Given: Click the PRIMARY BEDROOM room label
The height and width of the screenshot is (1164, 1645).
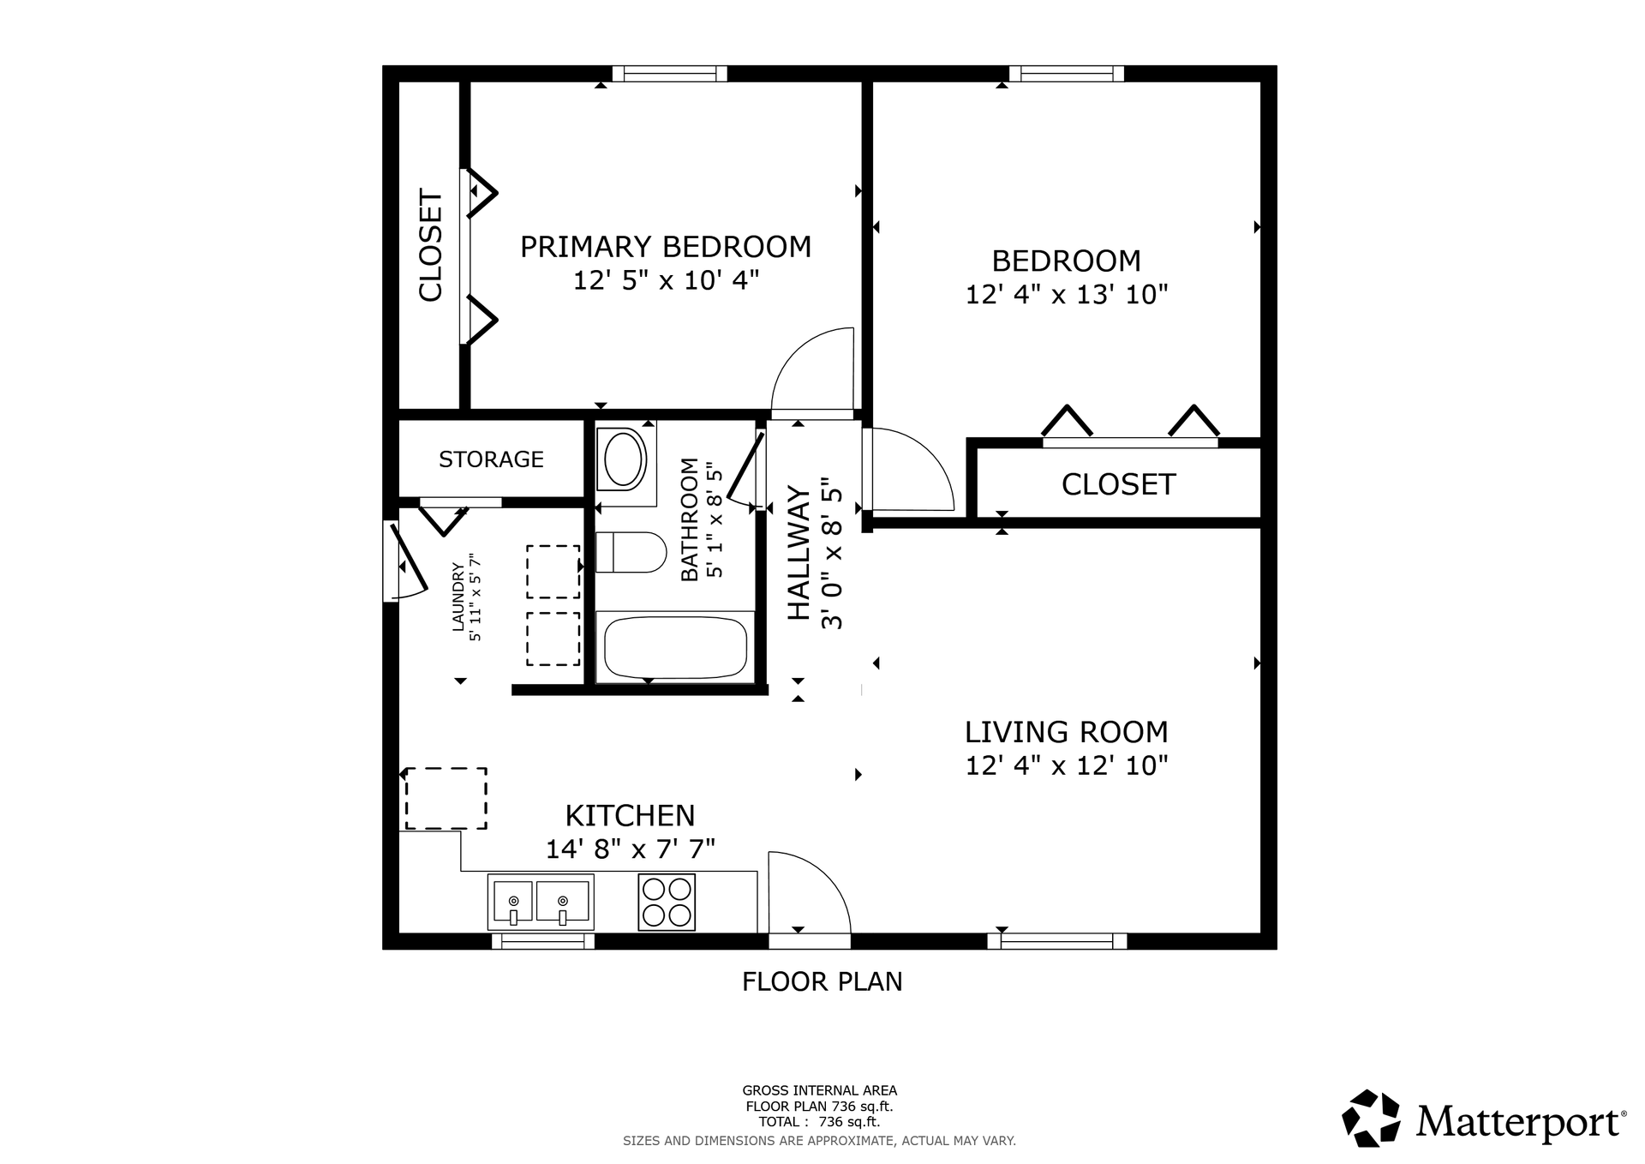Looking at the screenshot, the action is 666,247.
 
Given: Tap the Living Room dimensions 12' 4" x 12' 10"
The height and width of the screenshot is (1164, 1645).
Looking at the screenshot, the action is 1067,765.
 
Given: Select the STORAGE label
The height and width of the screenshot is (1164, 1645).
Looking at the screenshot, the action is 491,459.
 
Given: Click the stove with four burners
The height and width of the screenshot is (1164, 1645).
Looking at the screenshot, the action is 667,902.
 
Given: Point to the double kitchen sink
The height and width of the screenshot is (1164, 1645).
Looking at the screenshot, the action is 541,902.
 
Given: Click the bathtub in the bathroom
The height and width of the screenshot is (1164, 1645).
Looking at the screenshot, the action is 675,647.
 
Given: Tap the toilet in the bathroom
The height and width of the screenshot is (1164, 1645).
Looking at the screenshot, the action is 631,552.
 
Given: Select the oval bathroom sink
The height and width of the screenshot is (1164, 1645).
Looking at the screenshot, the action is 625,459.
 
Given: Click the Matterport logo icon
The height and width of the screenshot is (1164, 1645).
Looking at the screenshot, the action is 1371,1118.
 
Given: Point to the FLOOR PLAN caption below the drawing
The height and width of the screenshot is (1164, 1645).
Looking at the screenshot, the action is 822,981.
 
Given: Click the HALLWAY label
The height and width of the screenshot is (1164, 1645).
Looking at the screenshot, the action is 799,553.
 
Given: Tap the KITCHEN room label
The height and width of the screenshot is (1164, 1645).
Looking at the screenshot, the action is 630,815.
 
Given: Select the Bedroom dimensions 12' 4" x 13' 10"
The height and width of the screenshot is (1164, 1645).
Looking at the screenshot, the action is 1067,295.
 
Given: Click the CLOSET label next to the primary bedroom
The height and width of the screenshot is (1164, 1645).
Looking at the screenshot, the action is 430,245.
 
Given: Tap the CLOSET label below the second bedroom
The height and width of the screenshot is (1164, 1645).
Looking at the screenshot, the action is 1118,485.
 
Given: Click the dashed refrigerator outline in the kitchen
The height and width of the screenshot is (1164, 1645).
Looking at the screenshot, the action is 446,799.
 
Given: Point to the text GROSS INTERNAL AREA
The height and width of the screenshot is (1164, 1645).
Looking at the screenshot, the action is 819,1091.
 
